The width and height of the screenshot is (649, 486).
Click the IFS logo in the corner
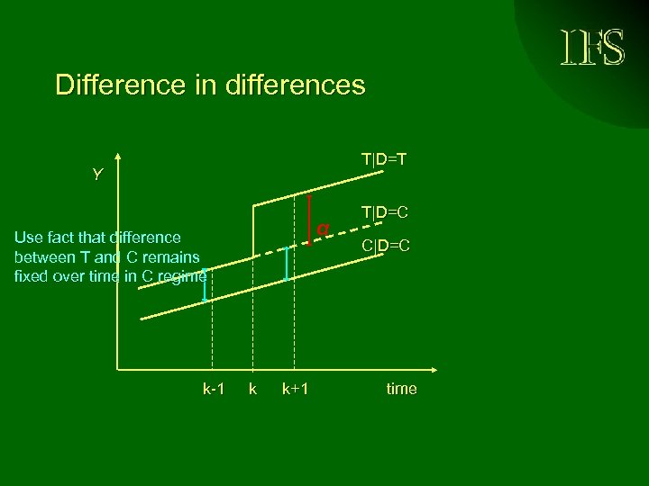[x=592, y=47]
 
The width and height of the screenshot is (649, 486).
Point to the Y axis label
[x=97, y=175]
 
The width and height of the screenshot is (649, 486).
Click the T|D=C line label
[x=385, y=212]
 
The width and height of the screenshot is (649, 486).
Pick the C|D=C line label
[x=386, y=245]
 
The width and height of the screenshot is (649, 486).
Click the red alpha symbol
[x=322, y=228]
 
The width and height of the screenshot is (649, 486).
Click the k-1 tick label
[x=214, y=389]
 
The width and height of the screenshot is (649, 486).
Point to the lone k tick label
[x=252, y=389]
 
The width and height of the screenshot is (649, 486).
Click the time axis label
[x=401, y=389]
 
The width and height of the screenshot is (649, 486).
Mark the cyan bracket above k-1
[x=206, y=284]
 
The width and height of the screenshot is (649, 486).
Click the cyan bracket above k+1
[x=287, y=263]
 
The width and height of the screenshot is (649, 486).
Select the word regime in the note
[x=183, y=276]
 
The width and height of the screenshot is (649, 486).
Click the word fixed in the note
[x=32, y=276]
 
